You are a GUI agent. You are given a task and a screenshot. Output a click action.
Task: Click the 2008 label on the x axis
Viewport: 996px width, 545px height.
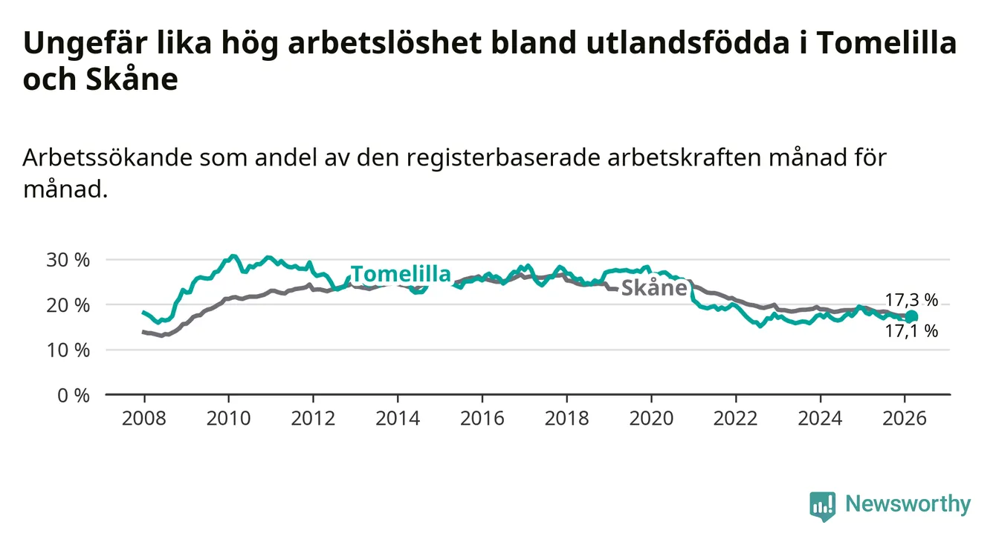144,419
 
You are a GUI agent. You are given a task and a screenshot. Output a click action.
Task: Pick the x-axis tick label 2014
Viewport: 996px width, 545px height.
398,419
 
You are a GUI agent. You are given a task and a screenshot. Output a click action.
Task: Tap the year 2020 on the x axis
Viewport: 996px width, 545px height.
651,419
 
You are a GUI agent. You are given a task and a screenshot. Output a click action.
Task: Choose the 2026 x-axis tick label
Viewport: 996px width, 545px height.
905,419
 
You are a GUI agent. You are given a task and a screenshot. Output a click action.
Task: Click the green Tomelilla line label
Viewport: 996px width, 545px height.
401,274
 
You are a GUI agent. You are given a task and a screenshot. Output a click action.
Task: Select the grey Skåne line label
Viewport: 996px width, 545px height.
653,288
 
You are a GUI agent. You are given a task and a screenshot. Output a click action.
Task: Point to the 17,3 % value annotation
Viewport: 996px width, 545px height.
911,301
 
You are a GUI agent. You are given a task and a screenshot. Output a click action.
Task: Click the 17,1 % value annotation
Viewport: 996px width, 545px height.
911,331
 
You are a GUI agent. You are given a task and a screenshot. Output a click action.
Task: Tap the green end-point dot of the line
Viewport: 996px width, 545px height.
911,317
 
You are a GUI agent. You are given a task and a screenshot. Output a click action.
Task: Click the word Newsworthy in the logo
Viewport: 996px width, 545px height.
908,504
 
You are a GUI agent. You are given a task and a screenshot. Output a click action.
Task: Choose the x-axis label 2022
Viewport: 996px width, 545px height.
736,419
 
